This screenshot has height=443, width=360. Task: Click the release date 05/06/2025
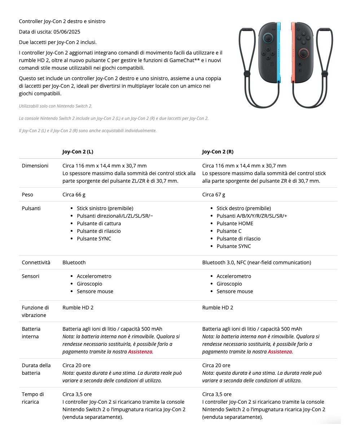click(66, 32)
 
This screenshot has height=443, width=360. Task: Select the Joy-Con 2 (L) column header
click(78, 152)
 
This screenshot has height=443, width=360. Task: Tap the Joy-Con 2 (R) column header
click(218, 152)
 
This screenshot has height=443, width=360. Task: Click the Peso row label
click(27, 195)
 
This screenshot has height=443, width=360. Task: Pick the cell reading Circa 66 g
click(74, 195)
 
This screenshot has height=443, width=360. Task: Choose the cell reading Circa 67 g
click(214, 195)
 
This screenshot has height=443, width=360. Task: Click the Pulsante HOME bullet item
click(235, 223)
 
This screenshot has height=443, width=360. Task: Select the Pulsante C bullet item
click(229, 231)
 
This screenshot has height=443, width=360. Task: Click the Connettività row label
click(36, 262)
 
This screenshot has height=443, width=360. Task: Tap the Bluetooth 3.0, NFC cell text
click(256, 262)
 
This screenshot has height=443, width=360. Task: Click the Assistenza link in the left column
click(140, 352)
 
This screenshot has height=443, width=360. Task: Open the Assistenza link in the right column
click(280, 352)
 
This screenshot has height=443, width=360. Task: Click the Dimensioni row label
click(35, 166)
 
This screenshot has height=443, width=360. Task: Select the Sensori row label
click(31, 276)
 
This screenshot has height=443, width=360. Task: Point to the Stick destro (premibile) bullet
click(243, 208)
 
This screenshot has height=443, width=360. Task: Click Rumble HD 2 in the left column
click(78, 308)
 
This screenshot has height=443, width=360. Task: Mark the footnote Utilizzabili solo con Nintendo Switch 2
click(56, 106)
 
